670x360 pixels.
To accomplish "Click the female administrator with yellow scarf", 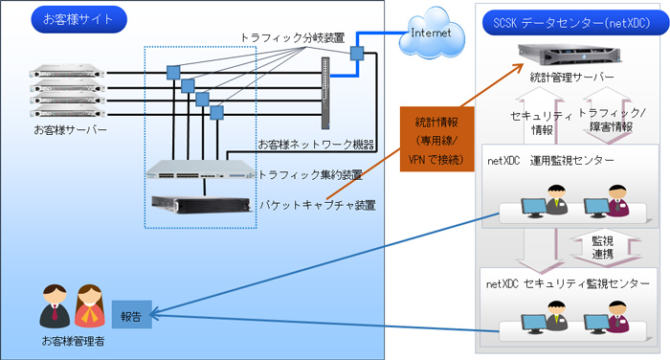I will coord(89,305).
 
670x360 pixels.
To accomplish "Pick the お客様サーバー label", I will coord(70,129).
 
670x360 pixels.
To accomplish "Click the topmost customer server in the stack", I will coord(66,71).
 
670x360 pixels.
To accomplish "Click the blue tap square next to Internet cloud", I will coord(357,54).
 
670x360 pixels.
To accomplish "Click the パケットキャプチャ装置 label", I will coord(317,204).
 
